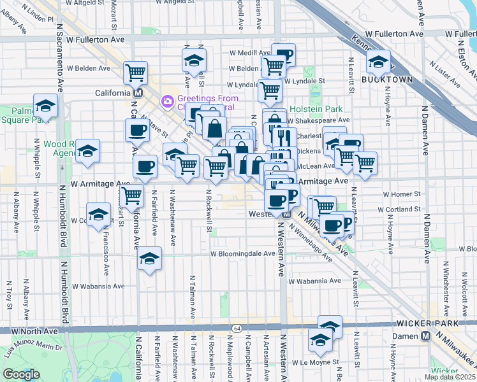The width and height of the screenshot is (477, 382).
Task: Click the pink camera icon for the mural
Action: pos(168,101)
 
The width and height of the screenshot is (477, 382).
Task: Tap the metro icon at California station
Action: pos(138,93)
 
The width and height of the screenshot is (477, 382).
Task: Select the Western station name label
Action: pos(260,214)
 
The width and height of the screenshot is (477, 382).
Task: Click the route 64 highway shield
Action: pos(237,328)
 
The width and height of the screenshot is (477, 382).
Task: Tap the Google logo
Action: pos(21,374)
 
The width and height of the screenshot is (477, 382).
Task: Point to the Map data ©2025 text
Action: pos(450,377)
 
